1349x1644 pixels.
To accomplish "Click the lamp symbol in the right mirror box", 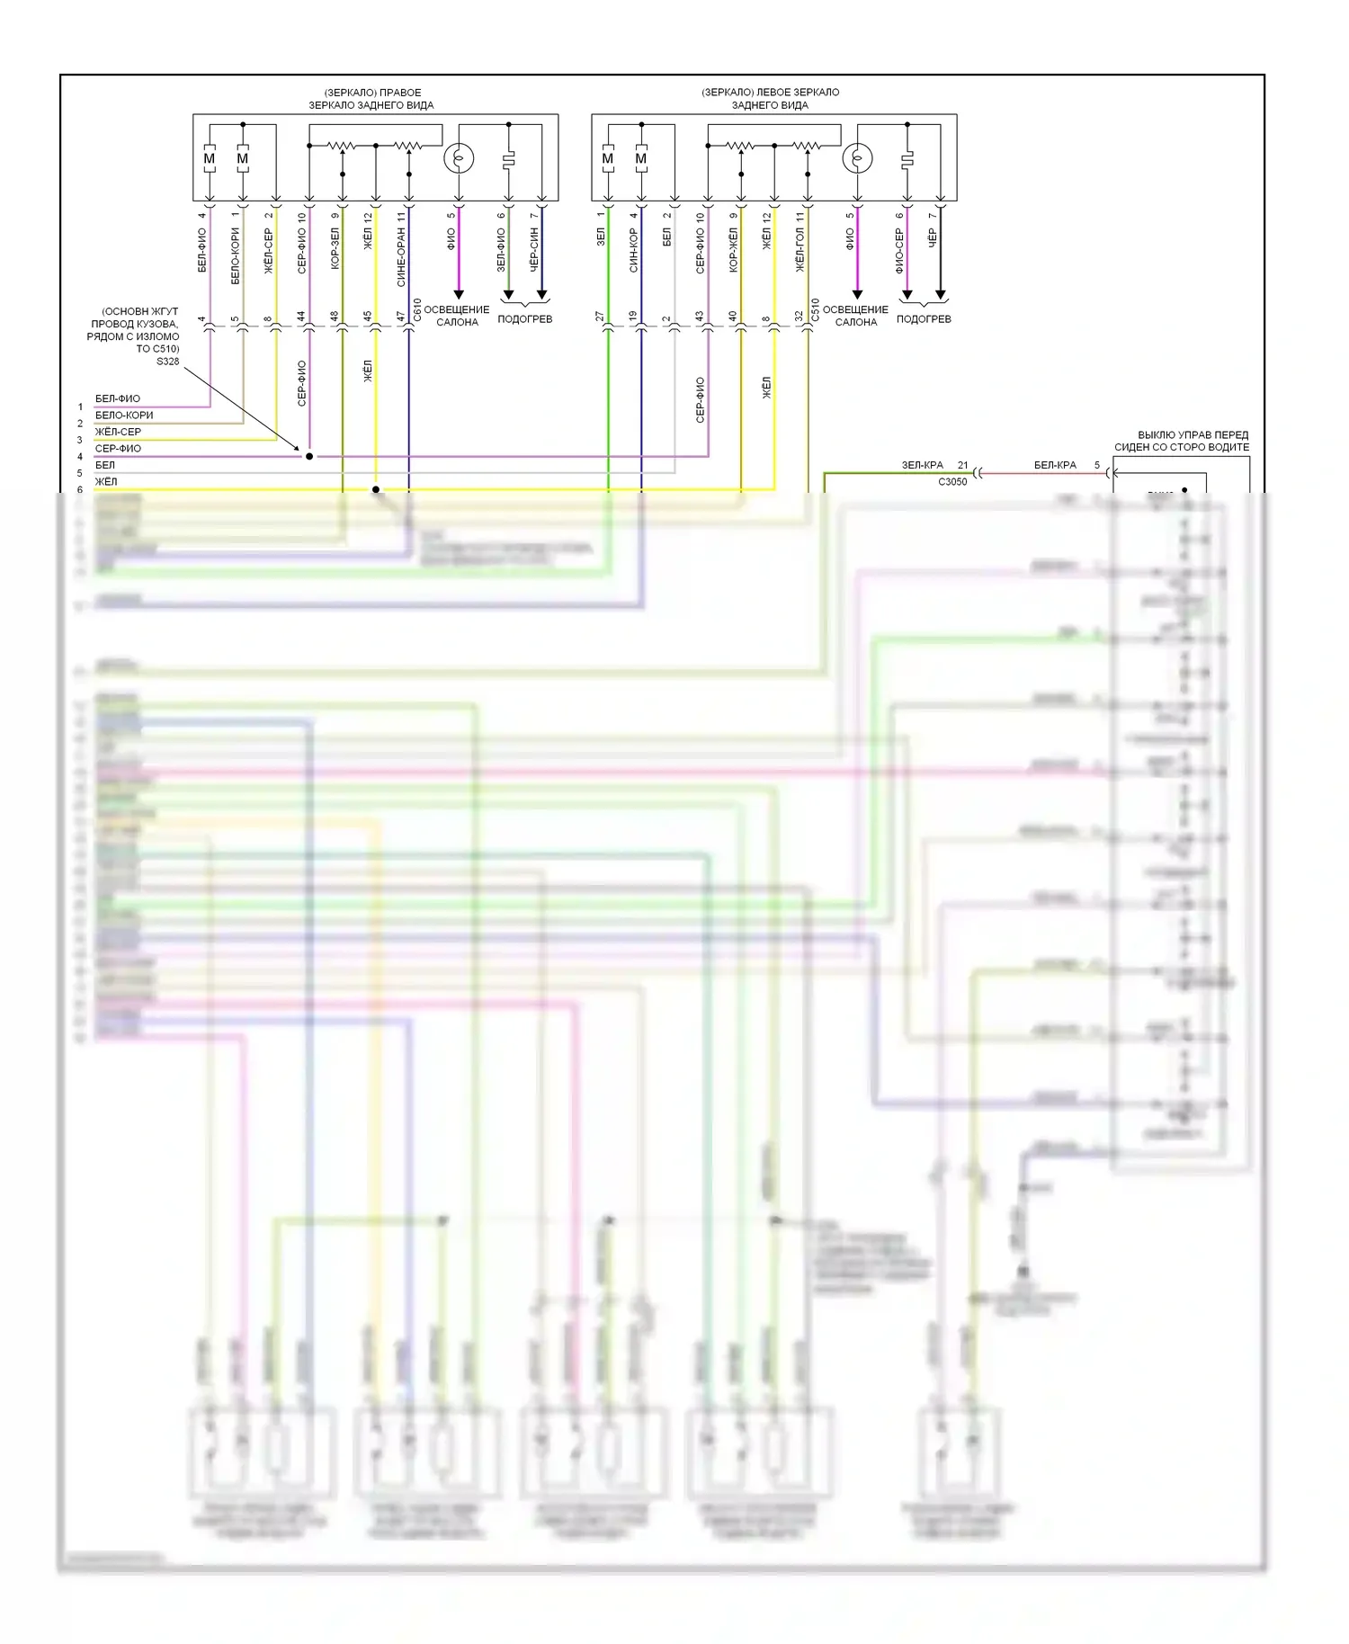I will click(459, 159).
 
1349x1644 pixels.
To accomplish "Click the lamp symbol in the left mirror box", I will click(857, 159).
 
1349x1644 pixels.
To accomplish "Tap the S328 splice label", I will click(167, 362).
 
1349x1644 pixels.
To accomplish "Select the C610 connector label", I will click(417, 310).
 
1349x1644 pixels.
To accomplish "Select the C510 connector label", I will click(816, 310).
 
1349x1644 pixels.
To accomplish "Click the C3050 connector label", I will click(952, 482).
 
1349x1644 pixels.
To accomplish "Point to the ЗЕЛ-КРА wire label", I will click(923, 465).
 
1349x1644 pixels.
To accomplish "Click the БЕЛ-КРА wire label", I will click(1055, 465).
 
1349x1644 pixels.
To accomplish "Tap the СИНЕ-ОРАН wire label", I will click(401, 257).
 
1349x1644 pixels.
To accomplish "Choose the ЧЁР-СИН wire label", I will click(534, 250).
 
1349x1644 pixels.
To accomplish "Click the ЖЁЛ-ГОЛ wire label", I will click(800, 250).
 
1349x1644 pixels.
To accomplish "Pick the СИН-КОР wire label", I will click(633, 250).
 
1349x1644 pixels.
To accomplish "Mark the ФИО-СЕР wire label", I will click(899, 250).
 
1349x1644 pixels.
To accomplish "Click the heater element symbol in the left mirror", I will click(907, 159).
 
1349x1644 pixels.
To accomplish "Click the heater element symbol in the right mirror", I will click(508, 159).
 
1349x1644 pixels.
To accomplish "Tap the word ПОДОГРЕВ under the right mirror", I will click(524, 319).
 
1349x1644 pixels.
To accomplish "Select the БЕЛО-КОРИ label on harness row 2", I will click(124, 415).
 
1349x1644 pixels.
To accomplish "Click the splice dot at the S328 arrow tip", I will click(309, 456).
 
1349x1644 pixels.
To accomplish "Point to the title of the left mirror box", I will click(770, 99).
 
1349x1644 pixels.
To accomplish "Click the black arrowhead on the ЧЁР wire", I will click(940, 295).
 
